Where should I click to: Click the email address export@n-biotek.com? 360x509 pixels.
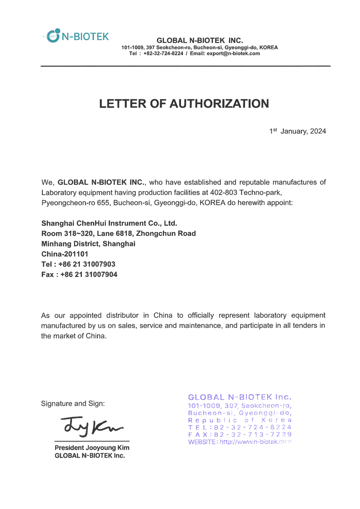click(233, 54)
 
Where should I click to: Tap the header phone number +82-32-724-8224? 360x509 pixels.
click(163, 54)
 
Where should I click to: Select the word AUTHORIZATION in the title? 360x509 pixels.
click(219, 104)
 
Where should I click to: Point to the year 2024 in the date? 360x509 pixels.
click(318, 131)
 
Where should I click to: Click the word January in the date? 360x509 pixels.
click(293, 131)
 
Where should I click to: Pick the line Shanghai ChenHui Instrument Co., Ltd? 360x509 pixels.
click(109, 223)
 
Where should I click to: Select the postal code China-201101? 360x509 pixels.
click(64, 254)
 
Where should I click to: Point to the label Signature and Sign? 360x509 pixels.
click(73, 403)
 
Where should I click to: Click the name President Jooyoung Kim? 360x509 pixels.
click(92, 448)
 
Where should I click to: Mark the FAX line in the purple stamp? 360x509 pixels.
click(240, 435)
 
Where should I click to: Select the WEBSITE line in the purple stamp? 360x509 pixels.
click(240, 442)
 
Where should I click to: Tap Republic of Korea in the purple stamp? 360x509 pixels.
click(240, 420)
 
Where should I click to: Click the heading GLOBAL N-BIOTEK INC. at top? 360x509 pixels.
click(200, 41)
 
